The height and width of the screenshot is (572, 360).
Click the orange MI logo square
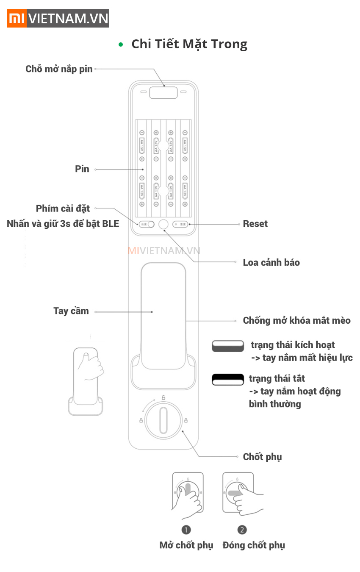pos(17,18)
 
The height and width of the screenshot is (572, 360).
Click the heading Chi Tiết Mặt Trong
pos(189,44)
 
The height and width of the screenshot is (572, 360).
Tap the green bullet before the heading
pos(121,44)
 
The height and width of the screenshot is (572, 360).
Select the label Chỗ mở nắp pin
pos(59,69)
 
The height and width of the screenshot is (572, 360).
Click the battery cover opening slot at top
pos(163,92)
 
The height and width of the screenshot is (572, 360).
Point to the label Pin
pos(82,169)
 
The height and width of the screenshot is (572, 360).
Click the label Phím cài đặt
pos(63,208)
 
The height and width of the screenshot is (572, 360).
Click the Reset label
pos(255,224)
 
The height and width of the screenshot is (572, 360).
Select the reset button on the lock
pos(180,224)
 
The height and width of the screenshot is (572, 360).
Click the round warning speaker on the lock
pos(163,225)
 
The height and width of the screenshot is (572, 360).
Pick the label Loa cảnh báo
pos(271,262)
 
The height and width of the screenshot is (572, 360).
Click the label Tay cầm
pos(71,311)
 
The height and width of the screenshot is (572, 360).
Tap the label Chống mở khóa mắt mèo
pos(296,320)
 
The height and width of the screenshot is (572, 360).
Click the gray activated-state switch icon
pos(228,346)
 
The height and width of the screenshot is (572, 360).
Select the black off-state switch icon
pos(228,379)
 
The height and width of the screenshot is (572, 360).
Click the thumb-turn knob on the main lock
pos(163,420)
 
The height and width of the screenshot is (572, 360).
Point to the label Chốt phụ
pos(262,457)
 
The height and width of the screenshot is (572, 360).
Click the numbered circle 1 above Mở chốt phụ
pos(186,530)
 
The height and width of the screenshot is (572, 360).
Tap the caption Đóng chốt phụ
pos(254,545)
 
